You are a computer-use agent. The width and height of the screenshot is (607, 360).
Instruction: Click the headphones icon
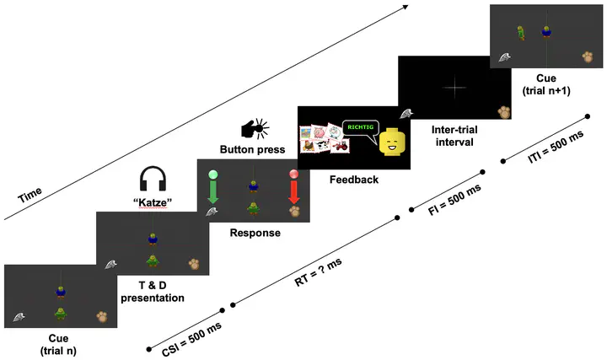[x=153, y=179]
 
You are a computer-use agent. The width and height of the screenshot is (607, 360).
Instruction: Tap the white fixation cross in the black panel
[x=454, y=87]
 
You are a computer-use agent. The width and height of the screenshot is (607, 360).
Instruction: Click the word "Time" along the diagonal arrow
[x=32, y=198]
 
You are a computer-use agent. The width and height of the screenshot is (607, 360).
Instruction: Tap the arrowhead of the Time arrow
[x=406, y=7]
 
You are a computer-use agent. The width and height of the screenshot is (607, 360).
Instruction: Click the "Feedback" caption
[x=353, y=180]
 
